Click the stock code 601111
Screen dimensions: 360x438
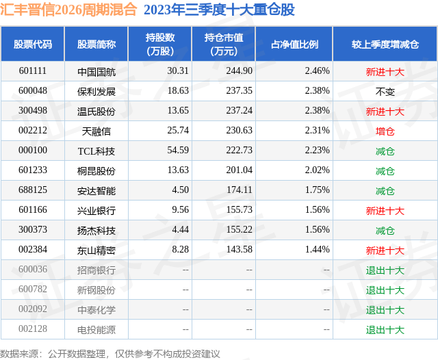tap(33, 70)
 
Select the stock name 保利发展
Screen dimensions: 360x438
tap(96, 91)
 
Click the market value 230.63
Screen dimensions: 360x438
tap(238, 131)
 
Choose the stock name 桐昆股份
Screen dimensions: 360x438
tap(96, 171)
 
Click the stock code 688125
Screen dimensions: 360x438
tap(33, 191)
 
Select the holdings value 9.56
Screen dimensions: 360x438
tap(179, 211)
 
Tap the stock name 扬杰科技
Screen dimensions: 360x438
tap(96, 231)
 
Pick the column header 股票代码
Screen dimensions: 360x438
tap(33, 44)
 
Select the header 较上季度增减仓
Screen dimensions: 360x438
tap(385, 44)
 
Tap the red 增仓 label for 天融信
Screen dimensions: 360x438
tap(385, 131)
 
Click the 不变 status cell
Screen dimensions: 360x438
tap(385, 91)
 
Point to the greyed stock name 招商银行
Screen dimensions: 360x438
tap(96, 270)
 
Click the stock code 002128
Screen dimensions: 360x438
tap(33, 330)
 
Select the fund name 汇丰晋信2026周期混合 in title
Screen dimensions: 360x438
tap(68, 10)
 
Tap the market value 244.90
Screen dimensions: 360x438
tap(238, 70)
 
